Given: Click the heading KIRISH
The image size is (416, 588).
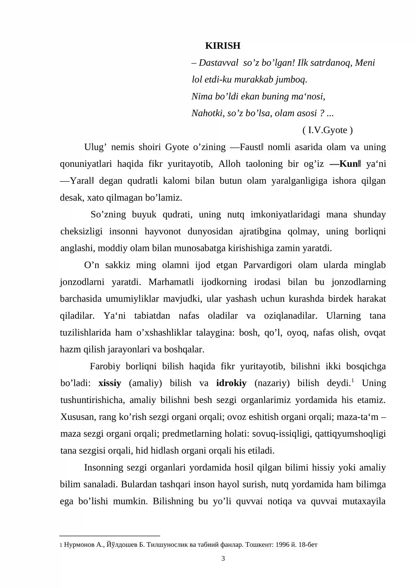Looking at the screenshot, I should click(223, 46).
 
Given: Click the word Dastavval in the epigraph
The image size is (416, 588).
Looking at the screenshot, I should click(218, 63).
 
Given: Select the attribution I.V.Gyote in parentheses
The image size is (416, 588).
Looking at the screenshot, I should click(328, 130).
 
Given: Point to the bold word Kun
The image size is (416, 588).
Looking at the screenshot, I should click(348, 164).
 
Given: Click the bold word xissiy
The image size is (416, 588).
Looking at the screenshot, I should click(110, 383).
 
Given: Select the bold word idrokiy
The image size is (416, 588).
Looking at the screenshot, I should click(231, 383).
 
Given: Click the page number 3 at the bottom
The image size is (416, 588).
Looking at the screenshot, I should click(223, 558).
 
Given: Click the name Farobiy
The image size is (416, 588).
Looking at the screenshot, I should click(105, 366).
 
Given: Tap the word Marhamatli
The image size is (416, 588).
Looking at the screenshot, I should click(171, 282).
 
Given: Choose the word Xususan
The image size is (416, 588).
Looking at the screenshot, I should click(77, 417).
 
